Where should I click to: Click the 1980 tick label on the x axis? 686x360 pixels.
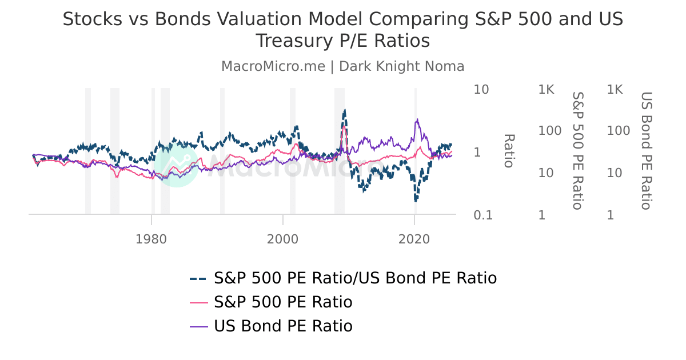(151, 238)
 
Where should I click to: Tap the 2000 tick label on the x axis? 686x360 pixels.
(283, 238)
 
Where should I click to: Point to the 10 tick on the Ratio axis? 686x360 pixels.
(481, 90)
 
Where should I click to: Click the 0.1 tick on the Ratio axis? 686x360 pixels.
(483, 215)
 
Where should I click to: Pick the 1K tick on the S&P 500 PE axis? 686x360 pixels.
(546, 90)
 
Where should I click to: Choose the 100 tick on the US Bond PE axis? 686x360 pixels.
(618, 131)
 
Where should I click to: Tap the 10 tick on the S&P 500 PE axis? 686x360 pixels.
(547, 173)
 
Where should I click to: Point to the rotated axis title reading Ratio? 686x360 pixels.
(509, 151)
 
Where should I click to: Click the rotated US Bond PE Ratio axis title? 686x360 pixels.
(646, 151)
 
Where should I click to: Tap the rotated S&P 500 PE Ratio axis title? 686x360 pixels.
(577, 151)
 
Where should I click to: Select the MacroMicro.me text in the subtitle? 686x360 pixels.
(273, 66)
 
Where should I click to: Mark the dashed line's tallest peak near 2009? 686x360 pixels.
(344, 110)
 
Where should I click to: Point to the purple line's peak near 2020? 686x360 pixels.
(418, 119)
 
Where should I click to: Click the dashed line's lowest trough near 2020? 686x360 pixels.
(416, 201)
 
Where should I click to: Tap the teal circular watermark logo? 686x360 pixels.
(177, 163)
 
